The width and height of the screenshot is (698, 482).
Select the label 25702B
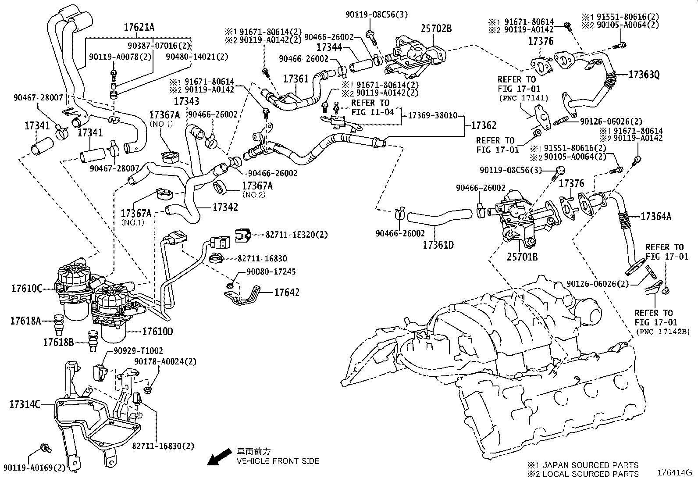point(436,29)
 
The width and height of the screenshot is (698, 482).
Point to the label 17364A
point(656,216)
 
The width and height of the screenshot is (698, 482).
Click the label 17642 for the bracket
point(287,292)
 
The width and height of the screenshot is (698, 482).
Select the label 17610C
point(26,289)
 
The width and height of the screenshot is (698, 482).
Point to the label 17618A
point(25,321)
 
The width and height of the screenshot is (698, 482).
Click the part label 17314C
point(25,404)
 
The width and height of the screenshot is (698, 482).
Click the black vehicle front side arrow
point(219,457)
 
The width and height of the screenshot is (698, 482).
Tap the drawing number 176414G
point(674,473)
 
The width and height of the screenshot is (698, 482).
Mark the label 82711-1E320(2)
point(296,235)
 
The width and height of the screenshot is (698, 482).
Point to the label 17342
point(225,207)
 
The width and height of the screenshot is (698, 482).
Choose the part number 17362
point(484,125)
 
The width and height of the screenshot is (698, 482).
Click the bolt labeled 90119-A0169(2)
point(44,448)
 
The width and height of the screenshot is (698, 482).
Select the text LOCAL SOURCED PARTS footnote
point(590,474)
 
